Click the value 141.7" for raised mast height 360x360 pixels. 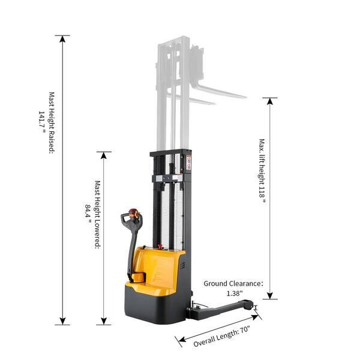click(42, 122)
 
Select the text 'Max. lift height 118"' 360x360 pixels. click(262, 171)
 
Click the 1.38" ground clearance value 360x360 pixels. click(235, 293)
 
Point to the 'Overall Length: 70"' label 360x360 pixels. click(221, 336)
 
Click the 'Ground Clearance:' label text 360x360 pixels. click(233, 284)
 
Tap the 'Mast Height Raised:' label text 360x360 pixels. click(52, 123)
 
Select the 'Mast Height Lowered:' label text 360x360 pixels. click(98, 214)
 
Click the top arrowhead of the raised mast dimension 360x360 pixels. click(62, 39)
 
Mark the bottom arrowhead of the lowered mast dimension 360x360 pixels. click(104, 321)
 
